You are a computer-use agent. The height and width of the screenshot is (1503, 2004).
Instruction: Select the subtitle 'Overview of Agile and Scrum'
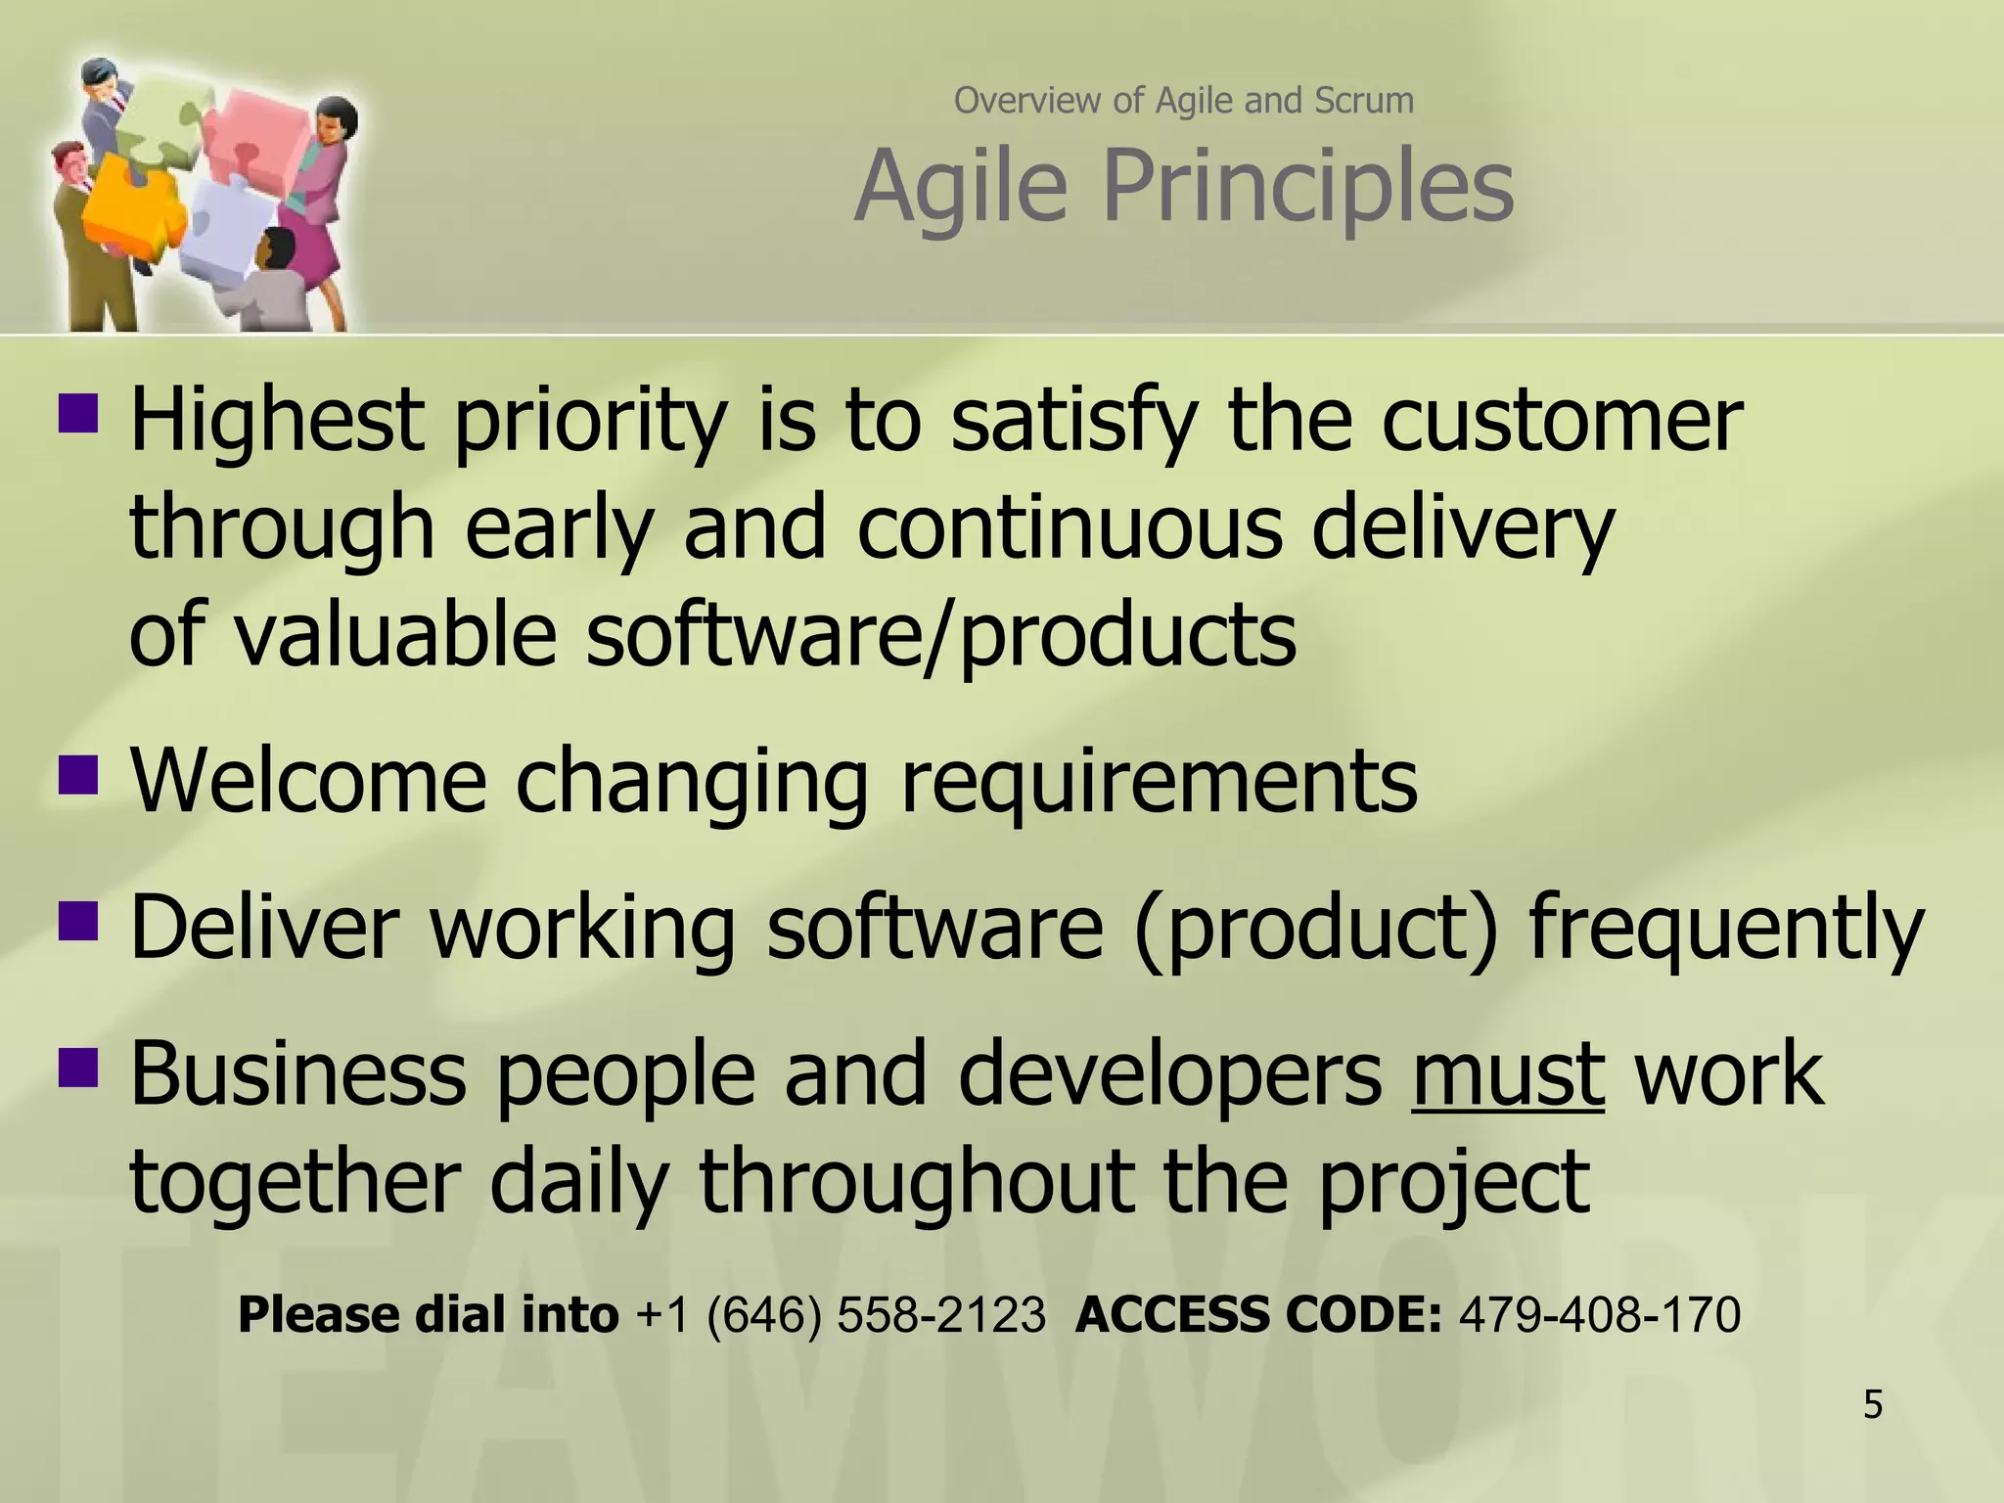[1184, 101]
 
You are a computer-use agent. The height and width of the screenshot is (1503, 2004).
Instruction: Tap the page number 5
[1872, 1405]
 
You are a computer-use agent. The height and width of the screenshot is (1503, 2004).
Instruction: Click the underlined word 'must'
[1508, 1074]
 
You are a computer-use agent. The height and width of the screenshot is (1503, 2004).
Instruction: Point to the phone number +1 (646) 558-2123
[841, 1314]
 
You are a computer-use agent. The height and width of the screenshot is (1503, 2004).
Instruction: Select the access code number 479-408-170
[1600, 1314]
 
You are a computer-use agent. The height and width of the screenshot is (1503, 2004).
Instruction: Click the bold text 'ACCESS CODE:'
[1258, 1314]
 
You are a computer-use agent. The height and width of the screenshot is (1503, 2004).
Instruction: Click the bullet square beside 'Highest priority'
[78, 412]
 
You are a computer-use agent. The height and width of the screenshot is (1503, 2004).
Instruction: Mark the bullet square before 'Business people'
[78, 1068]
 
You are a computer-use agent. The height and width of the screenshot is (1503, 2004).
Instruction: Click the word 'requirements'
[1158, 783]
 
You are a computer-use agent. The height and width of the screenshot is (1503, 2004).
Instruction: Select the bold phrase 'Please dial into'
[428, 1314]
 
